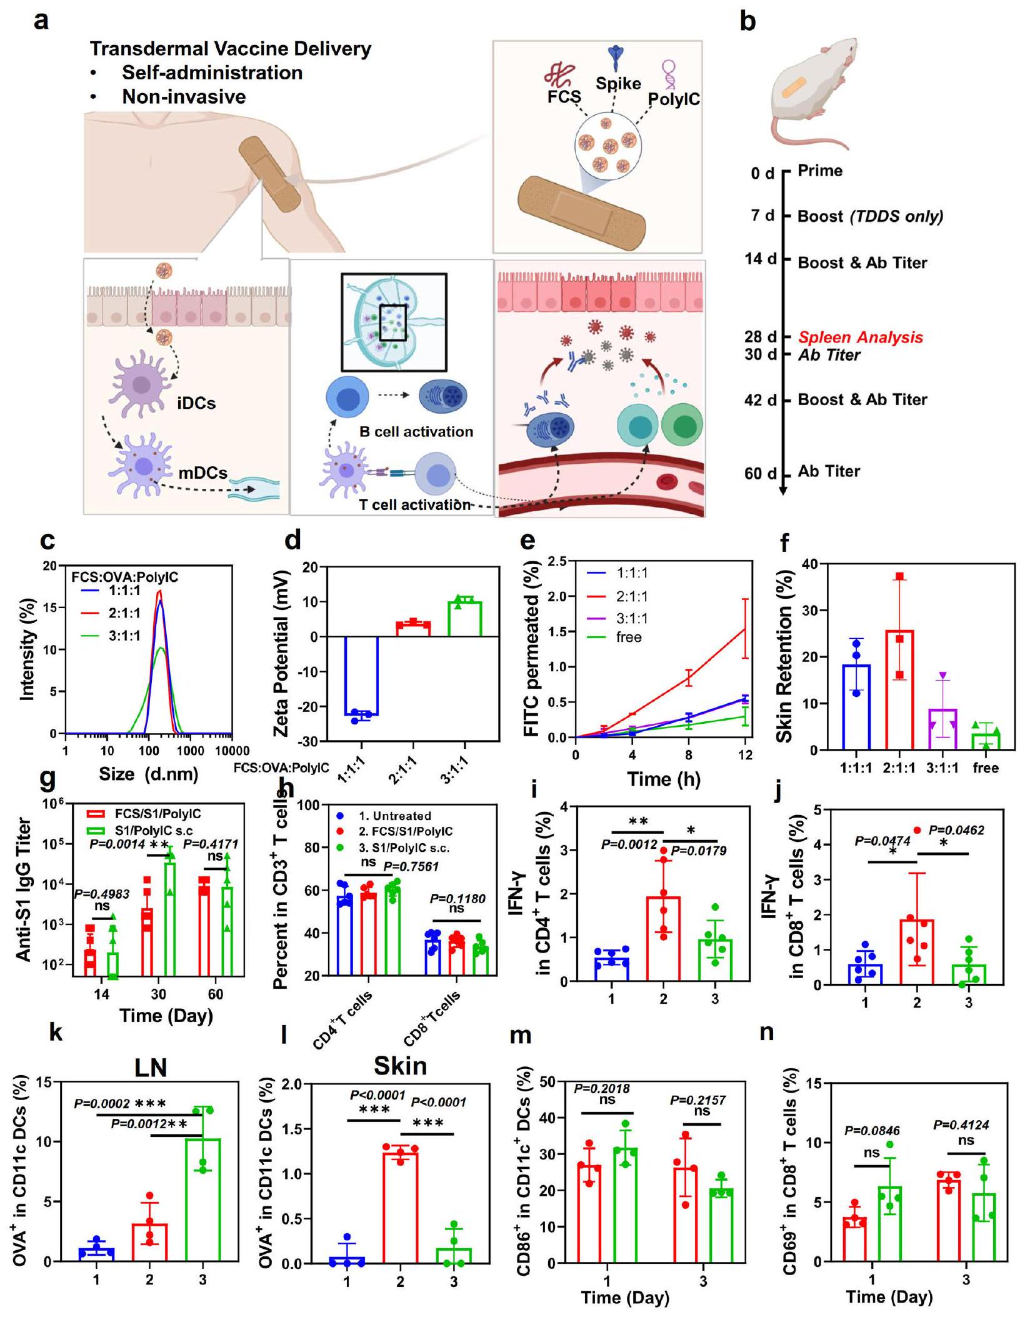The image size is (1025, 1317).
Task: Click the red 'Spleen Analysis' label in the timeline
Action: coord(860,338)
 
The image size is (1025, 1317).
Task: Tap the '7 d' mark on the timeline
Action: coord(762,216)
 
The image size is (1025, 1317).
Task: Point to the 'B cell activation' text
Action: coord(416,432)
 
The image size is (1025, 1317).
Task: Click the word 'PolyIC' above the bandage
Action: coord(673,99)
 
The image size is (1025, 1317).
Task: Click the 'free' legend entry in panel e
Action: coord(629,638)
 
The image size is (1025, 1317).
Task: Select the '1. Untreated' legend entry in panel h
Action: coord(394,816)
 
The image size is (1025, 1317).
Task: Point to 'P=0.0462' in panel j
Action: coord(956,831)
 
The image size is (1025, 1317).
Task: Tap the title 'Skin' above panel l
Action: coord(400,1066)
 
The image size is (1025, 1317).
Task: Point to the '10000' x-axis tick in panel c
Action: coord(232,751)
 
